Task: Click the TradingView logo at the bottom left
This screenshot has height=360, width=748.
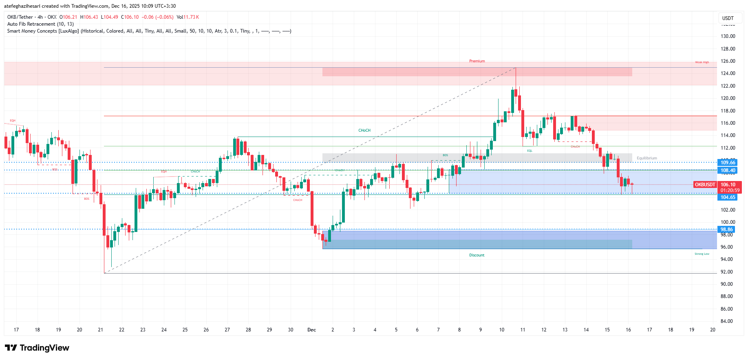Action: (37, 348)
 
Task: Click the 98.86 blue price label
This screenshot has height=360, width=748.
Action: (727, 230)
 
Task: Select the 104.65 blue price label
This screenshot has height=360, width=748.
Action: (728, 197)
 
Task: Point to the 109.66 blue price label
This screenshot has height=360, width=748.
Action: (728, 163)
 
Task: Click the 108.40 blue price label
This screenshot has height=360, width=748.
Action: (728, 170)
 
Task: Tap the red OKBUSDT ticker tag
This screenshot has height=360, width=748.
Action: (705, 185)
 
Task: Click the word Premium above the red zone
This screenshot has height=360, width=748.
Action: (477, 61)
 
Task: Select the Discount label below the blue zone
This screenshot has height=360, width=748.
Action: (477, 255)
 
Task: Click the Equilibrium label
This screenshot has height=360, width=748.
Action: (647, 158)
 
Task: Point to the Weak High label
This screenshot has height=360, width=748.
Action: (702, 62)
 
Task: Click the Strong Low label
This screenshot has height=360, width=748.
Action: (702, 254)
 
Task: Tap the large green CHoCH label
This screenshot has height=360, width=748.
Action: (364, 130)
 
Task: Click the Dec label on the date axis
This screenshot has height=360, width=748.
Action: (311, 330)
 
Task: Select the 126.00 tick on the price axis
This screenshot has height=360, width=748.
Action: (728, 61)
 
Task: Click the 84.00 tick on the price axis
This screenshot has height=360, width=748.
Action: (728, 321)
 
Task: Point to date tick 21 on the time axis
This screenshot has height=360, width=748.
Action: (101, 330)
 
